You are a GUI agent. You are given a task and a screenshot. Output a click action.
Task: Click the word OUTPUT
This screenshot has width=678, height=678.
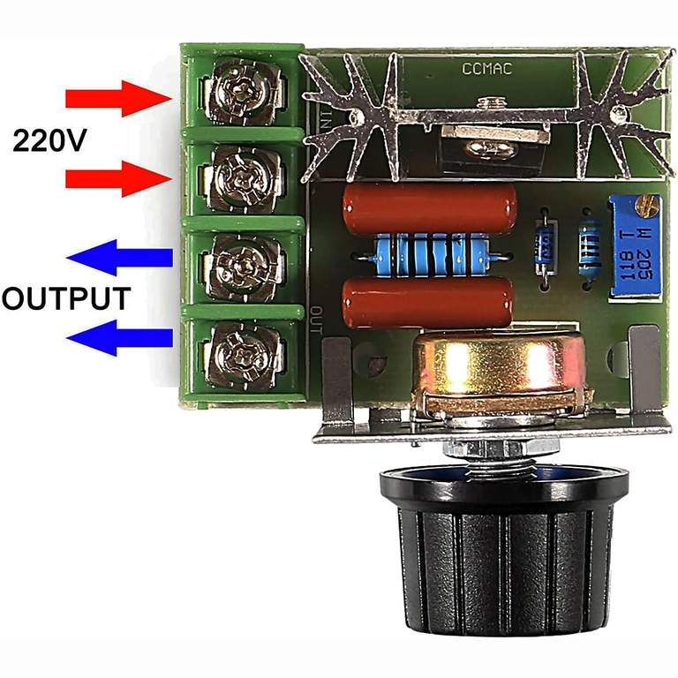[67, 298]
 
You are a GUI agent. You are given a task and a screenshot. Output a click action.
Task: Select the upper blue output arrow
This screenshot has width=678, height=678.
[120, 258]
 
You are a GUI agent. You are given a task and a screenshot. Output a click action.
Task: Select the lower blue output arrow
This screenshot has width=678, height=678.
[120, 337]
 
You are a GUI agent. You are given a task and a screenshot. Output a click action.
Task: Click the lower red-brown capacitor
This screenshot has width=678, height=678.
[427, 300]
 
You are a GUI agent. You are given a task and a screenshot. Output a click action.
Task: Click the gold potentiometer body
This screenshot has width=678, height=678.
[499, 371]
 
